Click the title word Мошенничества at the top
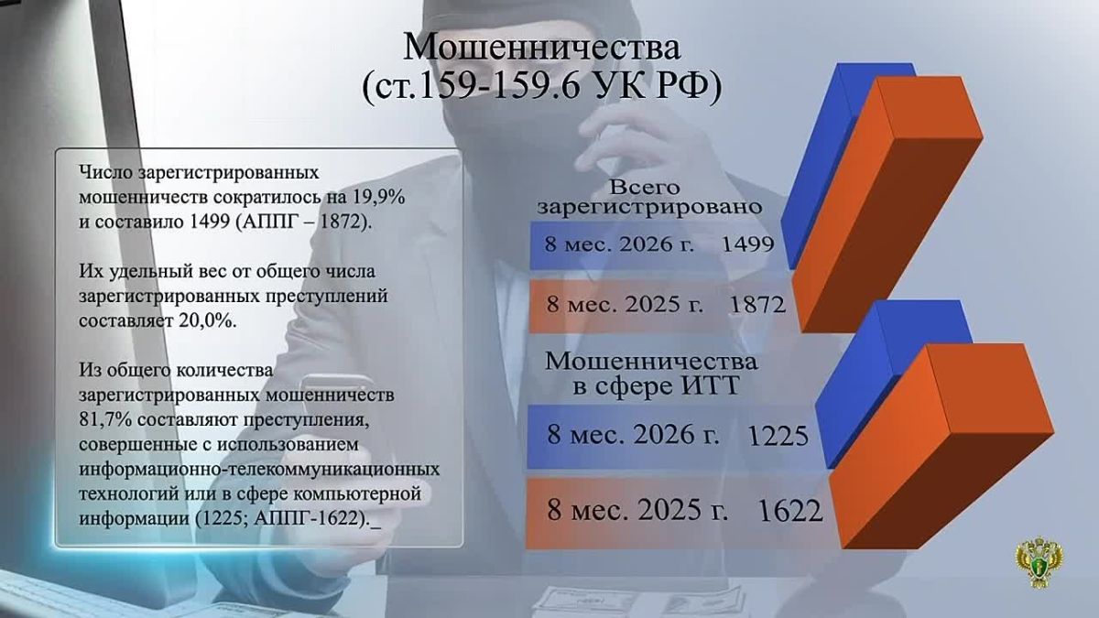(x=541, y=48)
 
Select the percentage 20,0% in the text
(x=208, y=321)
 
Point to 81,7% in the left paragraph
(x=104, y=420)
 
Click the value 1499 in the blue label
(x=748, y=244)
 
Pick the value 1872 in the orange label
(x=758, y=305)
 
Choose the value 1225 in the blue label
(x=778, y=436)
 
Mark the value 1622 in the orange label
(x=790, y=511)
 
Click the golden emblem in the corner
(x=1039, y=561)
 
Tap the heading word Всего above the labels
(x=645, y=187)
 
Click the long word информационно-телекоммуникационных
(x=259, y=470)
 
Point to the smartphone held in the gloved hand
(x=338, y=393)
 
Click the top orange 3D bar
(x=888, y=204)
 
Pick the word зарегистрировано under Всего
(x=649, y=207)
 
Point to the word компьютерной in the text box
(x=357, y=493)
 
